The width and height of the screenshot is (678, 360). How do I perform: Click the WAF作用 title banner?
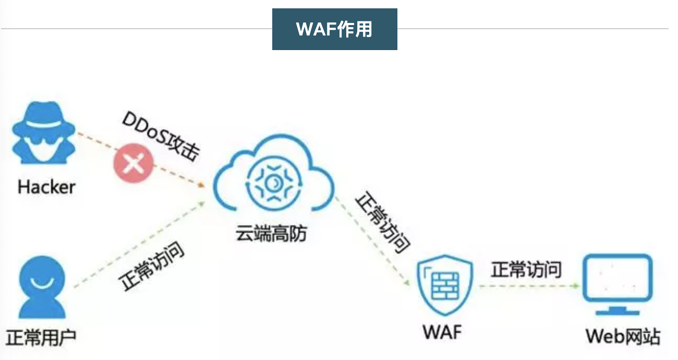(334, 29)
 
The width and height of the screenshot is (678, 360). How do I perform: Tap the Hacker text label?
(46, 187)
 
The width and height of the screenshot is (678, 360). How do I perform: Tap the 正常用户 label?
(41, 337)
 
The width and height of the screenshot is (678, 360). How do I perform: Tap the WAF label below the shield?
(442, 331)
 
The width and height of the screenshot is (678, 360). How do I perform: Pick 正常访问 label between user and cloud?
(153, 267)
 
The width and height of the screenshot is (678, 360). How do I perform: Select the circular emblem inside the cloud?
(273, 183)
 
